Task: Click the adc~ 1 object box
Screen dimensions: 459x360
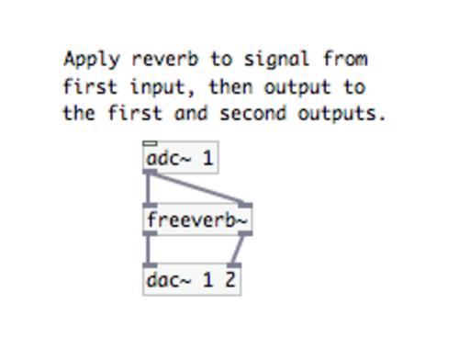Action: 181,157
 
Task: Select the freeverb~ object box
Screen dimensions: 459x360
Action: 197,219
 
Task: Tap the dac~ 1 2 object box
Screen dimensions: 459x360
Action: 192,279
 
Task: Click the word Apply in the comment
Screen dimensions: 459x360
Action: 91,60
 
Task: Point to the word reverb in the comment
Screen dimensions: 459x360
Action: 165,59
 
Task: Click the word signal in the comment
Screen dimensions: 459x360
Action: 276,60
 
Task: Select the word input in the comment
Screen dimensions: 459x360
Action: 159,88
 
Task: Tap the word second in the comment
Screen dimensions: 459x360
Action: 253,113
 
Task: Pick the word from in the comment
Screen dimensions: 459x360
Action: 346,59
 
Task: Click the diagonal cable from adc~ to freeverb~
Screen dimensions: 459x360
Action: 196,187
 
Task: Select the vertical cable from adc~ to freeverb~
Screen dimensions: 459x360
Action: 149,188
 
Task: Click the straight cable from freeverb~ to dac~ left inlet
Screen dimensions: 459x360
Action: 149,249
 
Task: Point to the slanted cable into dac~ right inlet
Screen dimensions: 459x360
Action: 238,249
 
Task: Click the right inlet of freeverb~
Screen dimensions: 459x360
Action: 245,205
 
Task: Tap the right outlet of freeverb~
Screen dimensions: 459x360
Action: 245,233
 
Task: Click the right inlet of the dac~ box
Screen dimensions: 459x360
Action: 234,264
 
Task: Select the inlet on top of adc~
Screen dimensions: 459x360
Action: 150,143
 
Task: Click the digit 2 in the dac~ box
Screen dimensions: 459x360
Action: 230,280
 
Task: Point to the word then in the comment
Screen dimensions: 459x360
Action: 231,87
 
